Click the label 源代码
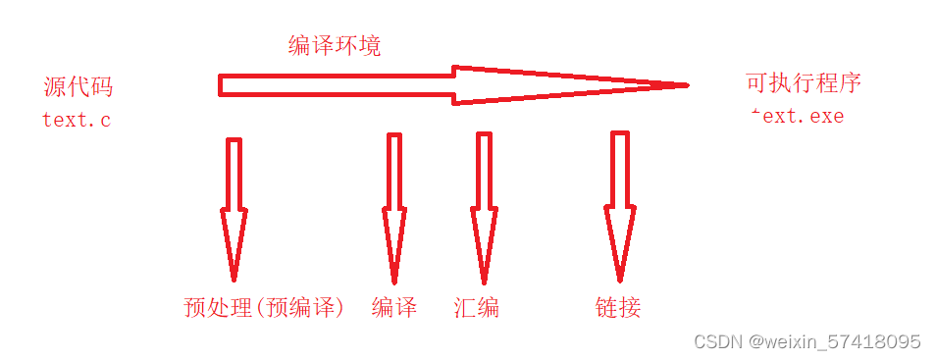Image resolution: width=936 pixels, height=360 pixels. (x=78, y=87)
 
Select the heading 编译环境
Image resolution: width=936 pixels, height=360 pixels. (x=333, y=46)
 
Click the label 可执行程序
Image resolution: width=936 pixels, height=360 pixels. (x=804, y=83)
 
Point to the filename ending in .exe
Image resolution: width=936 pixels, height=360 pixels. (x=796, y=116)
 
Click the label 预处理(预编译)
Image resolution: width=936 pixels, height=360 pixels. (x=265, y=307)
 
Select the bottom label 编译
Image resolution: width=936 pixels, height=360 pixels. (x=394, y=307)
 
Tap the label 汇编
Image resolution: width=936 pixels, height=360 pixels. (x=477, y=307)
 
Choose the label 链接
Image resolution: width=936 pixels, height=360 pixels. (x=618, y=307)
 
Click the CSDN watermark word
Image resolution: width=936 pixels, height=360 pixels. (x=718, y=341)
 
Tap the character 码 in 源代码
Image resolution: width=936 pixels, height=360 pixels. (x=101, y=87)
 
